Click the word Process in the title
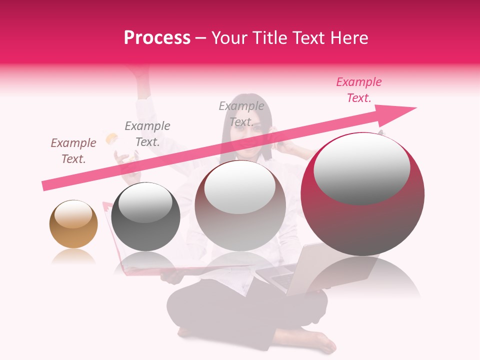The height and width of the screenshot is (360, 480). click(157, 38)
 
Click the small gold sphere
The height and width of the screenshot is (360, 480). click(73, 224)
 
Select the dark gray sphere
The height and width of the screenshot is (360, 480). click(145, 216)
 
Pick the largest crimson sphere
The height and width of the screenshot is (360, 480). click(362, 194)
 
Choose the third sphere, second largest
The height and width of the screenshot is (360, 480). click(240, 205)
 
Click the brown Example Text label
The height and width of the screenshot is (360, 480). click(73, 151)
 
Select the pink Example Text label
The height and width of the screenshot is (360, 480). click(359, 90)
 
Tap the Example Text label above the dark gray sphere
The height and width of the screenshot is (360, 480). click(147, 134)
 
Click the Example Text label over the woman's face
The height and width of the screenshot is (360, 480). click(241, 114)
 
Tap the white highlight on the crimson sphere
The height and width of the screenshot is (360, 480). click(362, 168)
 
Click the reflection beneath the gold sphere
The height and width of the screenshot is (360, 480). click(73, 256)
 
